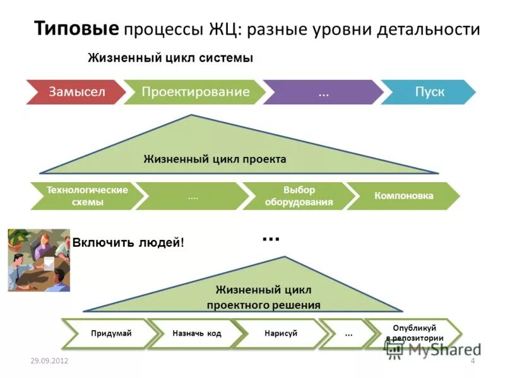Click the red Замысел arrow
(x=76, y=92)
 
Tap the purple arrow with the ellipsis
(x=323, y=92)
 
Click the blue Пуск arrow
(x=429, y=92)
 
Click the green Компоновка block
(x=404, y=196)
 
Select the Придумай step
(x=110, y=333)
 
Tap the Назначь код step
(x=196, y=333)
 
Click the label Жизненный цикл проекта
(x=215, y=159)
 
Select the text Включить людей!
(x=129, y=243)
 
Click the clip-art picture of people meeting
(x=39, y=260)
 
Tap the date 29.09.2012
(x=49, y=360)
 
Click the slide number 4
(x=472, y=360)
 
